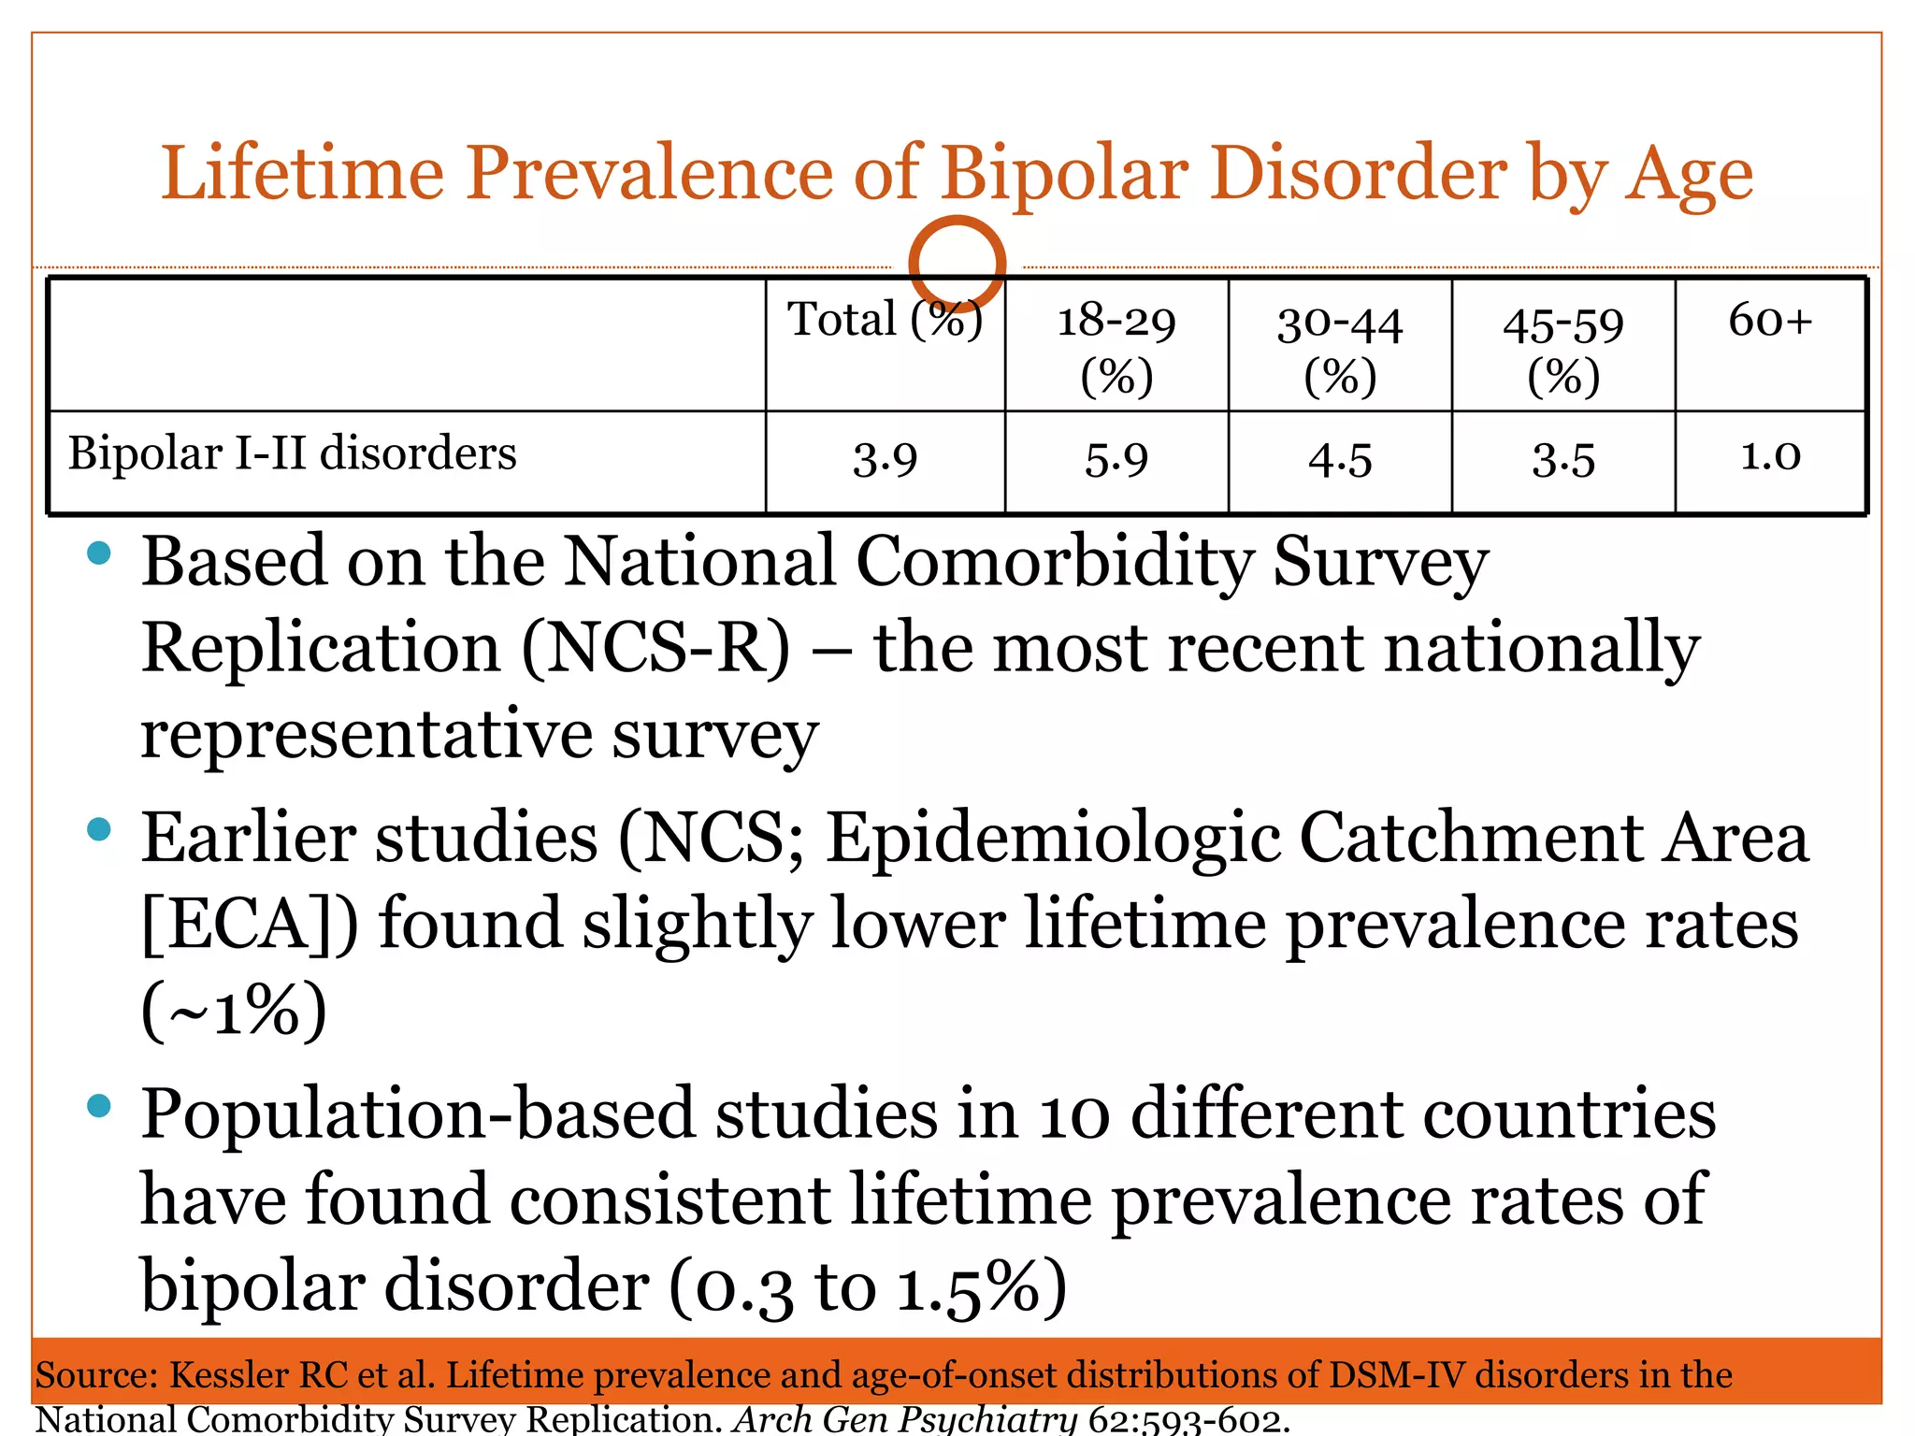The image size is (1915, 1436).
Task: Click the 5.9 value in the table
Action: coord(1116,460)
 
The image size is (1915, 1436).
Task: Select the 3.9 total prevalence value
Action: coord(885,460)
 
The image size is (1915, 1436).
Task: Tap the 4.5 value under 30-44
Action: coord(1340,460)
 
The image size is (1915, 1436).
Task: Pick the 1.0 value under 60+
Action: coord(1770,456)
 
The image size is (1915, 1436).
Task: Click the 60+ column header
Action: coord(1770,321)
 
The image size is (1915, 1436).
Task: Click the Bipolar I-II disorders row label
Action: coord(292,453)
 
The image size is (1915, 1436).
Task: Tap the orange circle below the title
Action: coord(957,263)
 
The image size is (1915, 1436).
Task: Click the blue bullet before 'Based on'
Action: coord(98,554)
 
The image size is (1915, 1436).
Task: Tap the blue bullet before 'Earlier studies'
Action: coord(98,829)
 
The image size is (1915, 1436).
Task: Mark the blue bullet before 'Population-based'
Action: coord(98,1107)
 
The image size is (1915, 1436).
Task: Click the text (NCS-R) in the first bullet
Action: coord(655,649)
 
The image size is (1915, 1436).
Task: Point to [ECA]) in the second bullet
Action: coord(249,924)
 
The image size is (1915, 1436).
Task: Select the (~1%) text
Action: coord(234,1011)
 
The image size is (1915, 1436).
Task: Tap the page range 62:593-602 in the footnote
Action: coord(1188,1420)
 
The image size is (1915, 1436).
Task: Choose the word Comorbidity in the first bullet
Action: coord(1054,563)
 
